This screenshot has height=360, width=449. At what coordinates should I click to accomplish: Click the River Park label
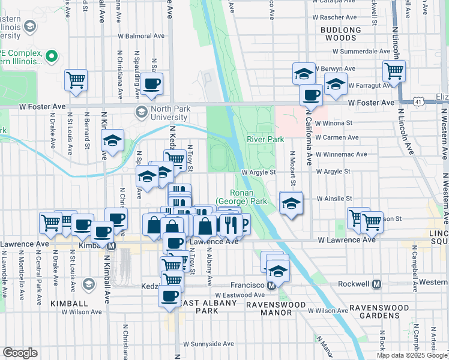coord(265,140)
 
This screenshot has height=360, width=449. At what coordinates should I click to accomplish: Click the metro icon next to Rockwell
coord(377,284)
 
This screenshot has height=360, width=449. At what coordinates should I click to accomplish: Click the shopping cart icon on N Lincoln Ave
coord(394,71)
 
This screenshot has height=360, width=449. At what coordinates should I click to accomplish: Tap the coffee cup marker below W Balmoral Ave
coord(152,83)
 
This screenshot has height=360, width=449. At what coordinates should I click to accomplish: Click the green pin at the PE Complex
coord(52,58)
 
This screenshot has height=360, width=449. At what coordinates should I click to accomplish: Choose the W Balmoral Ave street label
coord(142,36)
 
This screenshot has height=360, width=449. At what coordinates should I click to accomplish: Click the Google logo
coord(20,353)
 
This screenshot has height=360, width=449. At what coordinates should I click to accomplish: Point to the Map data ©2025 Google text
coord(411,355)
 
